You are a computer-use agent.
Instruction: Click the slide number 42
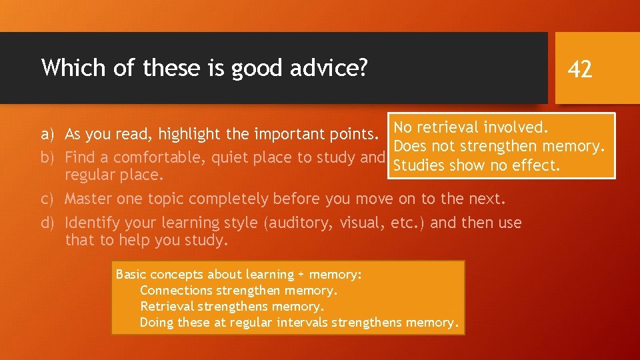pyautogui.click(x=579, y=68)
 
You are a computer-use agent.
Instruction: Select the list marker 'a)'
pyautogui.click(x=47, y=134)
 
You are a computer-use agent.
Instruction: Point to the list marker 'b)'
pyautogui.click(x=47, y=158)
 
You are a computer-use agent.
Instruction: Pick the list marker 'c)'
pyautogui.click(x=47, y=199)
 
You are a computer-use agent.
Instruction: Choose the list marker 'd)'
pyautogui.click(x=47, y=223)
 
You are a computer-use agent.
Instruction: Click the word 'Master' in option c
pyautogui.click(x=88, y=199)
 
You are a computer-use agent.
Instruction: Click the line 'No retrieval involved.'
pyautogui.click(x=470, y=127)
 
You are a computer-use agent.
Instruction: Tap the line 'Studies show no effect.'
pyautogui.click(x=476, y=165)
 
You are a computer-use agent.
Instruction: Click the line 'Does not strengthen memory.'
pyautogui.click(x=499, y=146)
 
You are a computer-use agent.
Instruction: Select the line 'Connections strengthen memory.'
pyautogui.click(x=239, y=291)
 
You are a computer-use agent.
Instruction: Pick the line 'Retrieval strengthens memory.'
pyautogui.click(x=232, y=307)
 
